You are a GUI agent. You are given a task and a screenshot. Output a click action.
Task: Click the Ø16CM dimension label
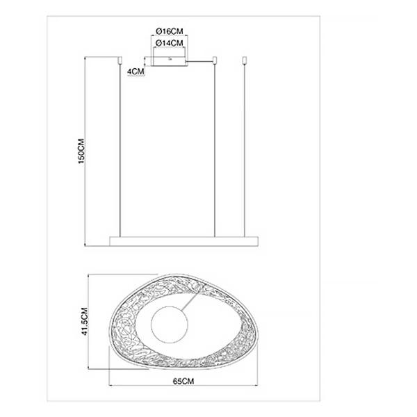pyautogui.click(x=170, y=31)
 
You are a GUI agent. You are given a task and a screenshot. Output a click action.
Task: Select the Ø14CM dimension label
pyautogui.click(x=170, y=43)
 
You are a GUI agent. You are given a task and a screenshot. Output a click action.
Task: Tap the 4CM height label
pyautogui.click(x=136, y=72)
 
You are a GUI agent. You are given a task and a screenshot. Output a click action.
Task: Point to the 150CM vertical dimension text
pyautogui.click(x=81, y=151)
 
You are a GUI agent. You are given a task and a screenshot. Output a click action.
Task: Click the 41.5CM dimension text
pyautogui.click(x=85, y=321)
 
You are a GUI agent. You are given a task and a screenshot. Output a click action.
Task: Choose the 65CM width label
pyautogui.click(x=183, y=381)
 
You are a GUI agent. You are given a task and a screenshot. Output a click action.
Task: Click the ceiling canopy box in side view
pyautogui.click(x=169, y=61)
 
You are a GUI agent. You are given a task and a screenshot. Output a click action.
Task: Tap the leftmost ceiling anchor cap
pyautogui.click(x=120, y=60)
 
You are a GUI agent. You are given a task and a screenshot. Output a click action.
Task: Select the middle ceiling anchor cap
pyautogui.click(x=215, y=60)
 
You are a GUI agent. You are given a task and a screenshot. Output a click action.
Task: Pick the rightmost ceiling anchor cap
pyautogui.click(x=245, y=60)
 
